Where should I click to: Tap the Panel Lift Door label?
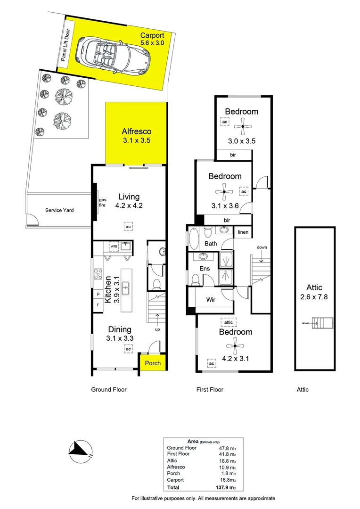[65, 45]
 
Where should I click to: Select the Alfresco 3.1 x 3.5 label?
[136, 136]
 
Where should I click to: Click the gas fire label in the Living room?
[103, 203]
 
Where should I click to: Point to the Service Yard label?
[59, 210]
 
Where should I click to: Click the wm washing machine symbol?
[114, 246]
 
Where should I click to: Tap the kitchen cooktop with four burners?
[98, 274]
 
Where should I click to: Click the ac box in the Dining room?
[129, 349]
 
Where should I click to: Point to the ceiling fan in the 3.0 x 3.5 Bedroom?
[243, 126]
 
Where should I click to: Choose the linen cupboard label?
[243, 232]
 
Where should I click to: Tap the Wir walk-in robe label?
[211, 300]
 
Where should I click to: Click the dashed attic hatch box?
[229, 322]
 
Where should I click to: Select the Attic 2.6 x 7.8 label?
[314, 292]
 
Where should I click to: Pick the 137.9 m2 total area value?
[226, 487]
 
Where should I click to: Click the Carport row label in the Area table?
[175, 480]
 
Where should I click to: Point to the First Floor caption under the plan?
[210, 390]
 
